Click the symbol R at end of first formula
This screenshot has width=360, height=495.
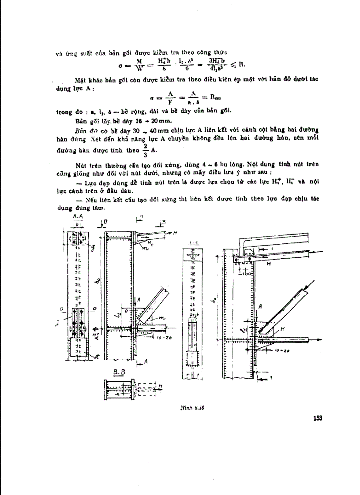(241, 64)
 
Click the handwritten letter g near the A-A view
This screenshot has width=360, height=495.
(93, 249)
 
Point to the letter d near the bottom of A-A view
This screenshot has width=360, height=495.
(89, 355)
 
